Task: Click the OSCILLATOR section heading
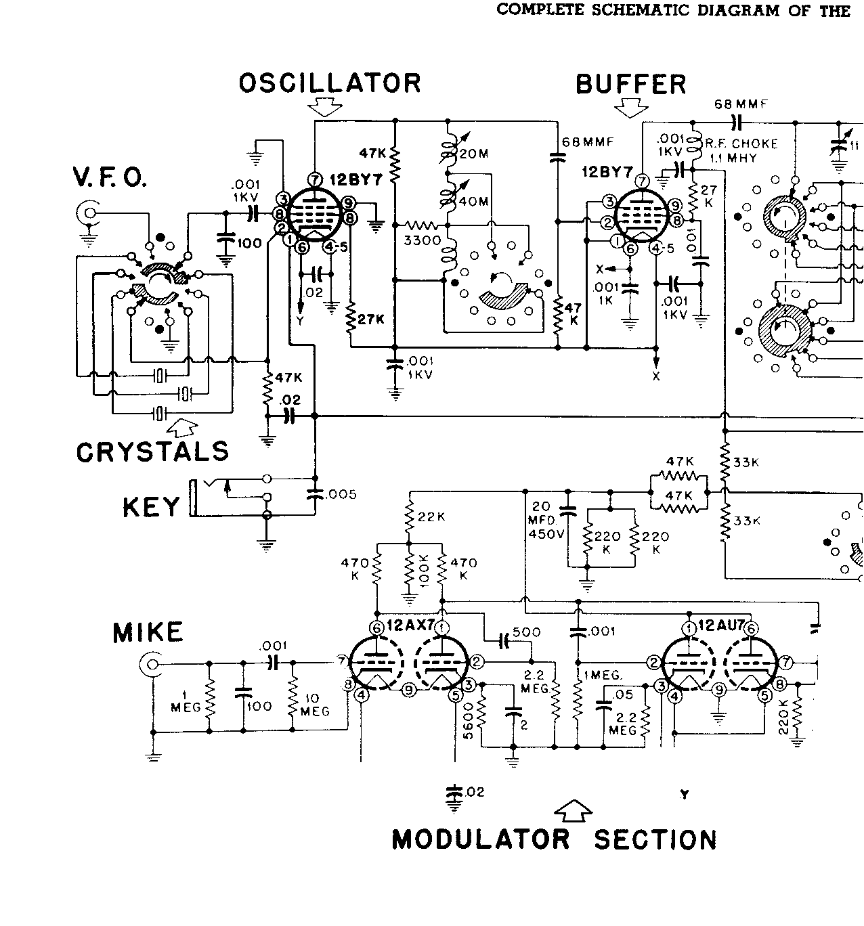[x=330, y=83]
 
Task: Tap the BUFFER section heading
[x=630, y=85]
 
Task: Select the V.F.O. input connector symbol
[x=88, y=215]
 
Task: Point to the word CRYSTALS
[x=152, y=452]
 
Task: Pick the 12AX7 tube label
[x=410, y=625]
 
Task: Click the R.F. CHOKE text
[x=741, y=144]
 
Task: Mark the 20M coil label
[x=474, y=154]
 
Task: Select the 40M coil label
[x=474, y=201]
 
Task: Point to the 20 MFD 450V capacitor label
[x=544, y=521]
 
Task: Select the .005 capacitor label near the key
[x=341, y=495]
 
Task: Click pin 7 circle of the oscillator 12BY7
[x=314, y=179]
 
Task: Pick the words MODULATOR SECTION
[x=554, y=840]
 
